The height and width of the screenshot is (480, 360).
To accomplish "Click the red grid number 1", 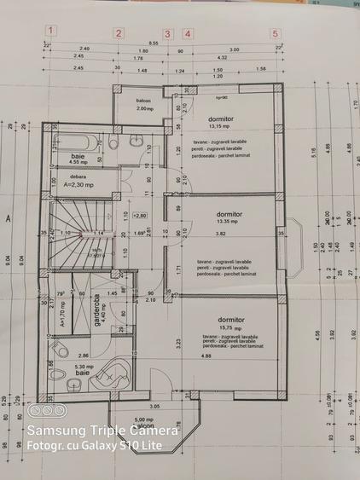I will click(x=51, y=32).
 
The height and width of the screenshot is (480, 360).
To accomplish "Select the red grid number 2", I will click(x=119, y=33).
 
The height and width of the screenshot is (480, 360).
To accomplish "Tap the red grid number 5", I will click(x=275, y=33).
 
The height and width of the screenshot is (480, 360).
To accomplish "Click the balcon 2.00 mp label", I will click(x=143, y=105).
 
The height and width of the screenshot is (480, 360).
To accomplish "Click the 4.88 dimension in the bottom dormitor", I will click(x=206, y=356).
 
